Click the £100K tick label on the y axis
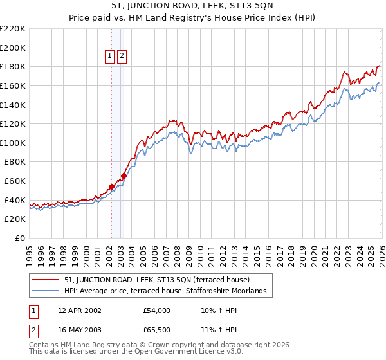pos(13,143)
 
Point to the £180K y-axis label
pos(13,66)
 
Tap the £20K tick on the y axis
pos(15,219)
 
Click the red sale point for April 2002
pos(111,186)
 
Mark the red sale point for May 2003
pos(124,175)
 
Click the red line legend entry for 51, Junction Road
pos(161,280)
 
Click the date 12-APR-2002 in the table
pos(80,310)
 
